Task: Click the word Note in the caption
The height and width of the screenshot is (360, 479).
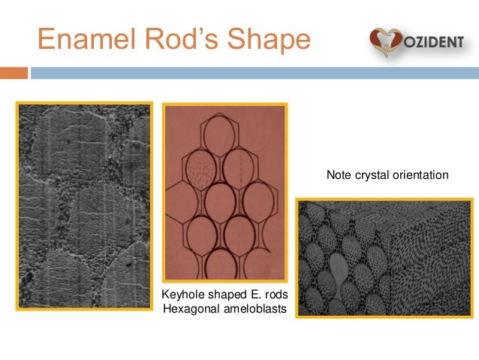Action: pyautogui.click(x=339, y=175)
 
